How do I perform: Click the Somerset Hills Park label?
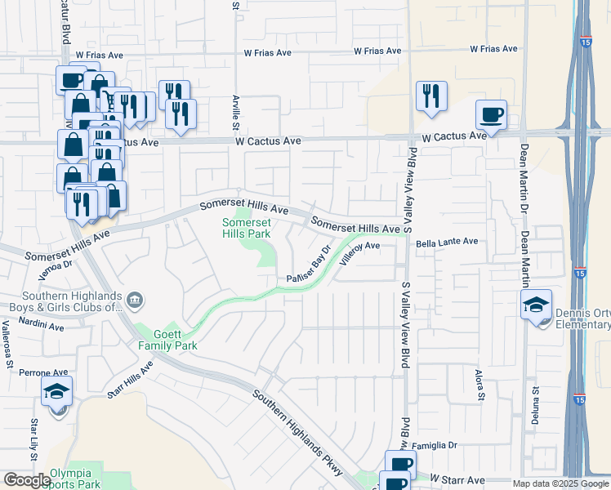pyautogui.click(x=247, y=227)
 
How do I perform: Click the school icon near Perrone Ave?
pyautogui.click(x=56, y=392)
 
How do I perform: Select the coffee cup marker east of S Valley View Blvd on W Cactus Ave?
pyautogui.click(x=492, y=115)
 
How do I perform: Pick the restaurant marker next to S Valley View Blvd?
pyautogui.click(x=430, y=96)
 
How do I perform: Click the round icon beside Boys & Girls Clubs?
pyautogui.click(x=136, y=301)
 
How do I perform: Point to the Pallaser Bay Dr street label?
pyautogui.click(x=308, y=266)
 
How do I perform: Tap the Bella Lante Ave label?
pyautogui.click(x=447, y=242)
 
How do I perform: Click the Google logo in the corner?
pyautogui.click(x=26, y=480)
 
